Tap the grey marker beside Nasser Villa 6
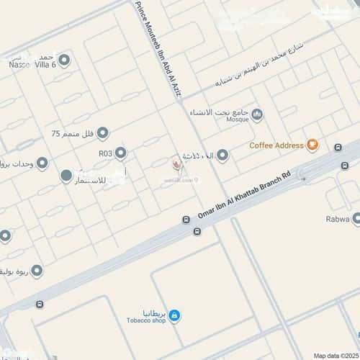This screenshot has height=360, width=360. click(x=65, y=59)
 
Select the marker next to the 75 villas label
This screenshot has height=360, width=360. click(x=102, y=133)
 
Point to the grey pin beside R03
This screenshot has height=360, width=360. click(x=121, y=153)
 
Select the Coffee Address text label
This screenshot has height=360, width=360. click(x=276, y=145)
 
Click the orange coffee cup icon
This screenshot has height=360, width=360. click(x=312, y=145)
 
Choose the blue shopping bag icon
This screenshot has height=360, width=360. click(x=174, y=315)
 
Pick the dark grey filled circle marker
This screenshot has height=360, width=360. click(x=66, y=176)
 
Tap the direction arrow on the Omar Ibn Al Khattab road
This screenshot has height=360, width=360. click(x=302, y=179)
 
